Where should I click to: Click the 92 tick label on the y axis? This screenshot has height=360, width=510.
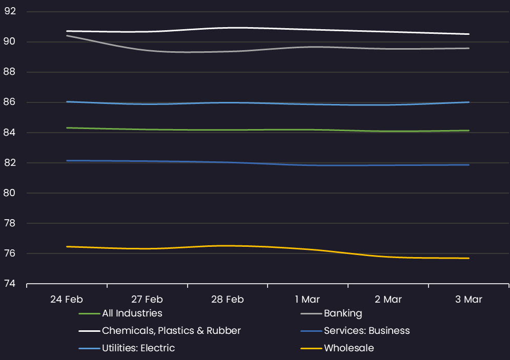10,11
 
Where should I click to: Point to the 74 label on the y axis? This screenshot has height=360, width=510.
10,284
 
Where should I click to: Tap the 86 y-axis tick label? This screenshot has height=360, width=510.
10,102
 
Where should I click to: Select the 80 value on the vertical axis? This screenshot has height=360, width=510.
10,193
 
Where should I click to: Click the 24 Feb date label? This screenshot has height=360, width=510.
67,299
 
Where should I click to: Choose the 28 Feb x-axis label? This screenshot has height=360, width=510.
228,299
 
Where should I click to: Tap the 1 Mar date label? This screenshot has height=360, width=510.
308,299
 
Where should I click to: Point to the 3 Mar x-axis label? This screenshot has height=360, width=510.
468,299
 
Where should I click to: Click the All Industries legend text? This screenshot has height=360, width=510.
132,313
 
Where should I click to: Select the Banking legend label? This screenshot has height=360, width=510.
343,313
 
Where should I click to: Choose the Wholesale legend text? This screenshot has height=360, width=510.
349,348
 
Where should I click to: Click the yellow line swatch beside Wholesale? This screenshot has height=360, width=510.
311,348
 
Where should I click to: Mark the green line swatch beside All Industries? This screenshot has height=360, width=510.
89,313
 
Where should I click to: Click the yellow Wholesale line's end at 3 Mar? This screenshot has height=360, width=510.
468,258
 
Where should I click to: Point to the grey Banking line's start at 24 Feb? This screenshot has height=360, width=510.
67,36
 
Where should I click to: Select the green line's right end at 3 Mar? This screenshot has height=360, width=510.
468,131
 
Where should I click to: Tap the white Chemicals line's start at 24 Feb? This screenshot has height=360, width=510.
67,31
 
